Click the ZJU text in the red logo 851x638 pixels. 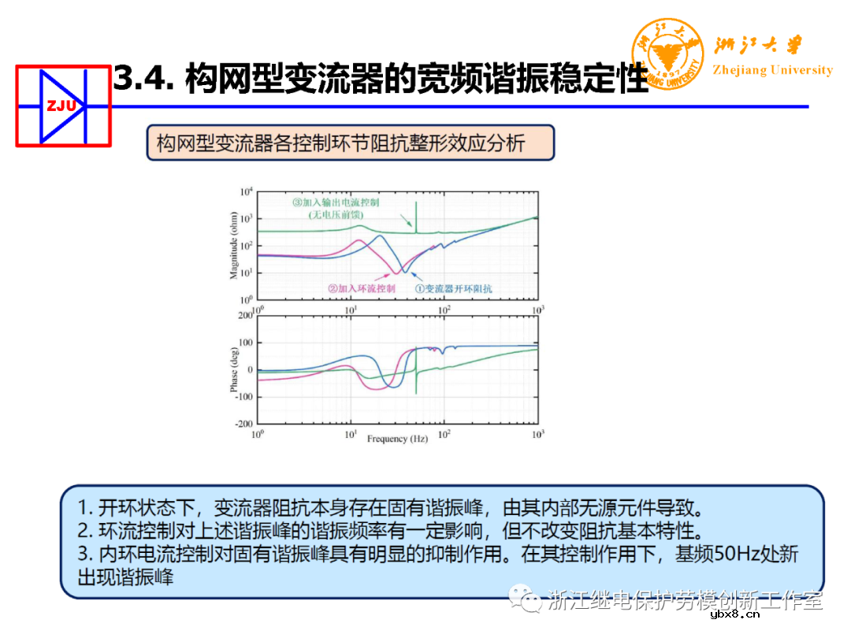click(61, 106)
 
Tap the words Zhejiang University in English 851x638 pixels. click(772, 70)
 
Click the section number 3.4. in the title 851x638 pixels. click(143, 79)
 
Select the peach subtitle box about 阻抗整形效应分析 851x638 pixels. click(350, 143)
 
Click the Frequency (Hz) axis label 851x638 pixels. click(397, 438)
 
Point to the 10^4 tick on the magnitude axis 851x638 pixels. click(247, 191)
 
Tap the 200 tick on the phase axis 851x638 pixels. click(244, 315)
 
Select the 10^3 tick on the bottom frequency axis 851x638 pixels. click(538, 434)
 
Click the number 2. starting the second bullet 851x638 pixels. click(85, 529)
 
